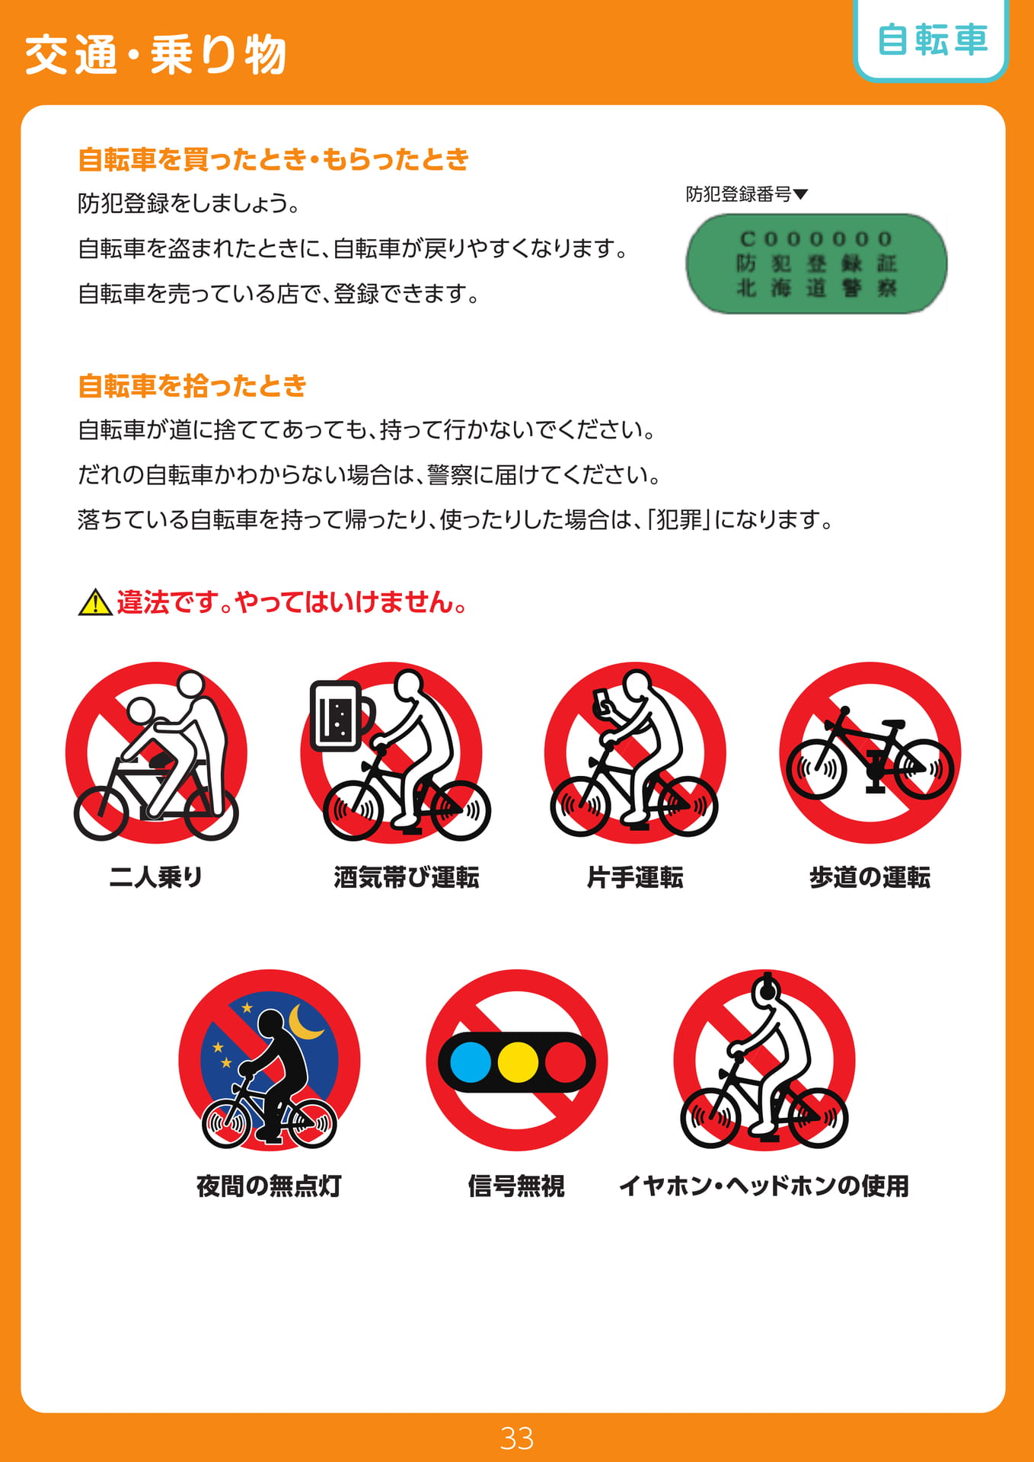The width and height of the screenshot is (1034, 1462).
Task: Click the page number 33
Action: click(x=517, y=1438)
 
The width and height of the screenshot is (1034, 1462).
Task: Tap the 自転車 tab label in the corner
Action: click(x=932, y=40)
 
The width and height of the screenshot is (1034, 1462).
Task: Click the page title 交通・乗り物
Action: click(x=155, y=55)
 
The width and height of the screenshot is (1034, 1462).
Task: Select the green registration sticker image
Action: click(x=816, y=263)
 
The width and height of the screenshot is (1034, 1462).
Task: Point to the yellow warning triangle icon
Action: click(x=95, y=602)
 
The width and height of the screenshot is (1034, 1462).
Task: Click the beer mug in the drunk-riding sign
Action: click(x=340, y=716)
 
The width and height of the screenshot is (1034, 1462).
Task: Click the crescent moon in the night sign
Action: click(x=305, y=1023)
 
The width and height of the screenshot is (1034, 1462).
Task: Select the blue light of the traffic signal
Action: click(x=471, y=1061)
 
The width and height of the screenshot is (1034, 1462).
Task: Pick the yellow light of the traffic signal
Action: click(x=518, y=1061)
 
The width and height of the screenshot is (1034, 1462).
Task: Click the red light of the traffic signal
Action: click(x=566, y=1061)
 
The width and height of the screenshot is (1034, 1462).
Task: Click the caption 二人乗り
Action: click(x=156, y=877)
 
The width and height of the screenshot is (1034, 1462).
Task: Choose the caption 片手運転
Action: click(x=635, y=877)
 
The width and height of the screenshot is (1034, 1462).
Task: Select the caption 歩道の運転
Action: click(x=870, y=877)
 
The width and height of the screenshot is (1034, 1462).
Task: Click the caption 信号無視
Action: click(x=516, y=1186)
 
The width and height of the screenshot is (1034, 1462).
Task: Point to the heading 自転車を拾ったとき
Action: click(x=192, y=386)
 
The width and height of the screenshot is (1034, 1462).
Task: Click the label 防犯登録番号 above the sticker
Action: click(x=739, y=194)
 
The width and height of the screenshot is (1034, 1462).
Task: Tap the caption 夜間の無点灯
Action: click(x=269, y=1186)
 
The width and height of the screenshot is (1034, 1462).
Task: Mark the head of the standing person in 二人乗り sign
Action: click(x=191, y=683)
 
